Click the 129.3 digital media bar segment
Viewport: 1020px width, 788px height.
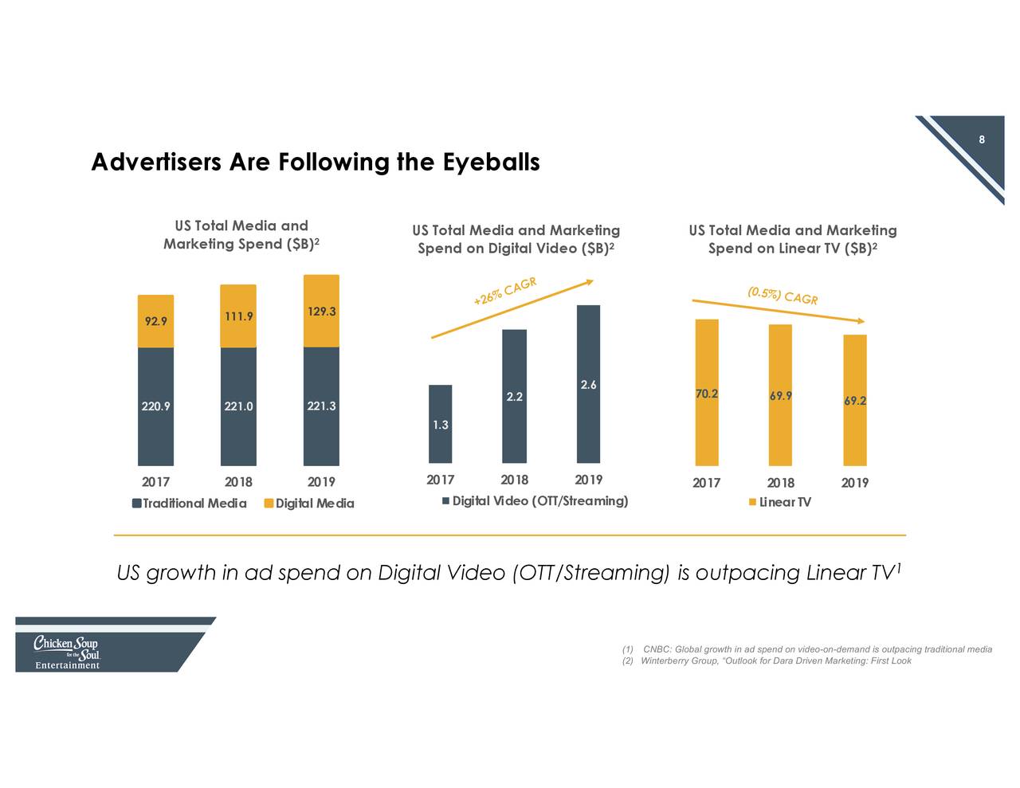(321, 312)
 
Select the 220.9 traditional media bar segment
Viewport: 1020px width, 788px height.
(155, 406)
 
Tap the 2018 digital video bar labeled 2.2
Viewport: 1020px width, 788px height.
(514, 396)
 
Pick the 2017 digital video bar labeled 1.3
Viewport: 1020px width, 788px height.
(440, 424)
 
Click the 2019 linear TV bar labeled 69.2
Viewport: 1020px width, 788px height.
(855, 400)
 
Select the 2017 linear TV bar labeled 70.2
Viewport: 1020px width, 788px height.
(707, 393)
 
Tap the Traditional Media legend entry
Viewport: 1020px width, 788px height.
(189, 504)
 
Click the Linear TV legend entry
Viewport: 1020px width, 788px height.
(780, 502)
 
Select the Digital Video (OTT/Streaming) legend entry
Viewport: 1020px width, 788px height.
(535, 501)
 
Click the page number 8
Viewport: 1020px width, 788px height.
(982, 140)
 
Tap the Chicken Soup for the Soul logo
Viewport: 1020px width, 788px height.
(67, 653)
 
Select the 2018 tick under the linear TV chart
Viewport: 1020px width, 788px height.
(780, 483)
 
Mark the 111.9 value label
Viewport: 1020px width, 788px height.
(238, 316)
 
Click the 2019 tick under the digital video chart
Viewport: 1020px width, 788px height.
(588, 480)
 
